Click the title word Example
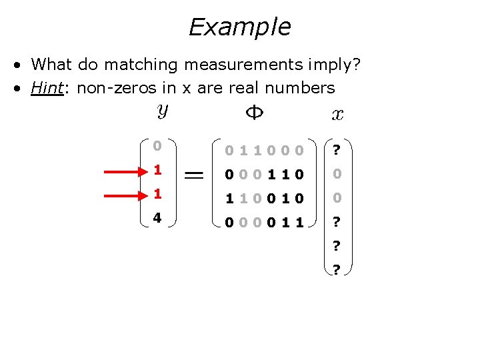pos(239,27)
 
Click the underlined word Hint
pos(49,87)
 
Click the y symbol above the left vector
pos(162,111)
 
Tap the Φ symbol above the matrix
pos(255,113)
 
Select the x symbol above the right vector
pos(337,114)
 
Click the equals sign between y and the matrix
pos(194,174)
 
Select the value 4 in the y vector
pos(157,217)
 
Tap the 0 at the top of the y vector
pos(157,145)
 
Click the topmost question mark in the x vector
pos(337,150)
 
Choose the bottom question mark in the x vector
pos(337,270)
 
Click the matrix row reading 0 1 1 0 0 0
pos(264,151)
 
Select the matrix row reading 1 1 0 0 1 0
pos(264,199)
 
